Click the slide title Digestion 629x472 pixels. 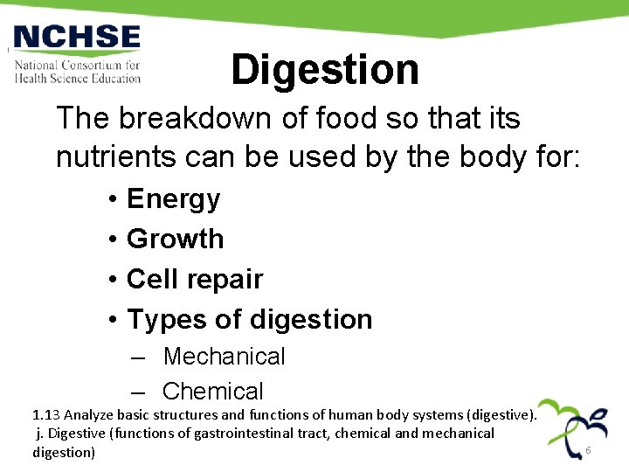point(325,70)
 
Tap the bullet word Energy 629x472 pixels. point(173,199)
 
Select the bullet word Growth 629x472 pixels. point(175,239)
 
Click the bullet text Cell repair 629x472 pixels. point(194,279)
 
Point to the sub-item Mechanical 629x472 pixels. point(224,357)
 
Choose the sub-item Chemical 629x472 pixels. point(212,392)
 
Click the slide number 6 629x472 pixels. point(588,450)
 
